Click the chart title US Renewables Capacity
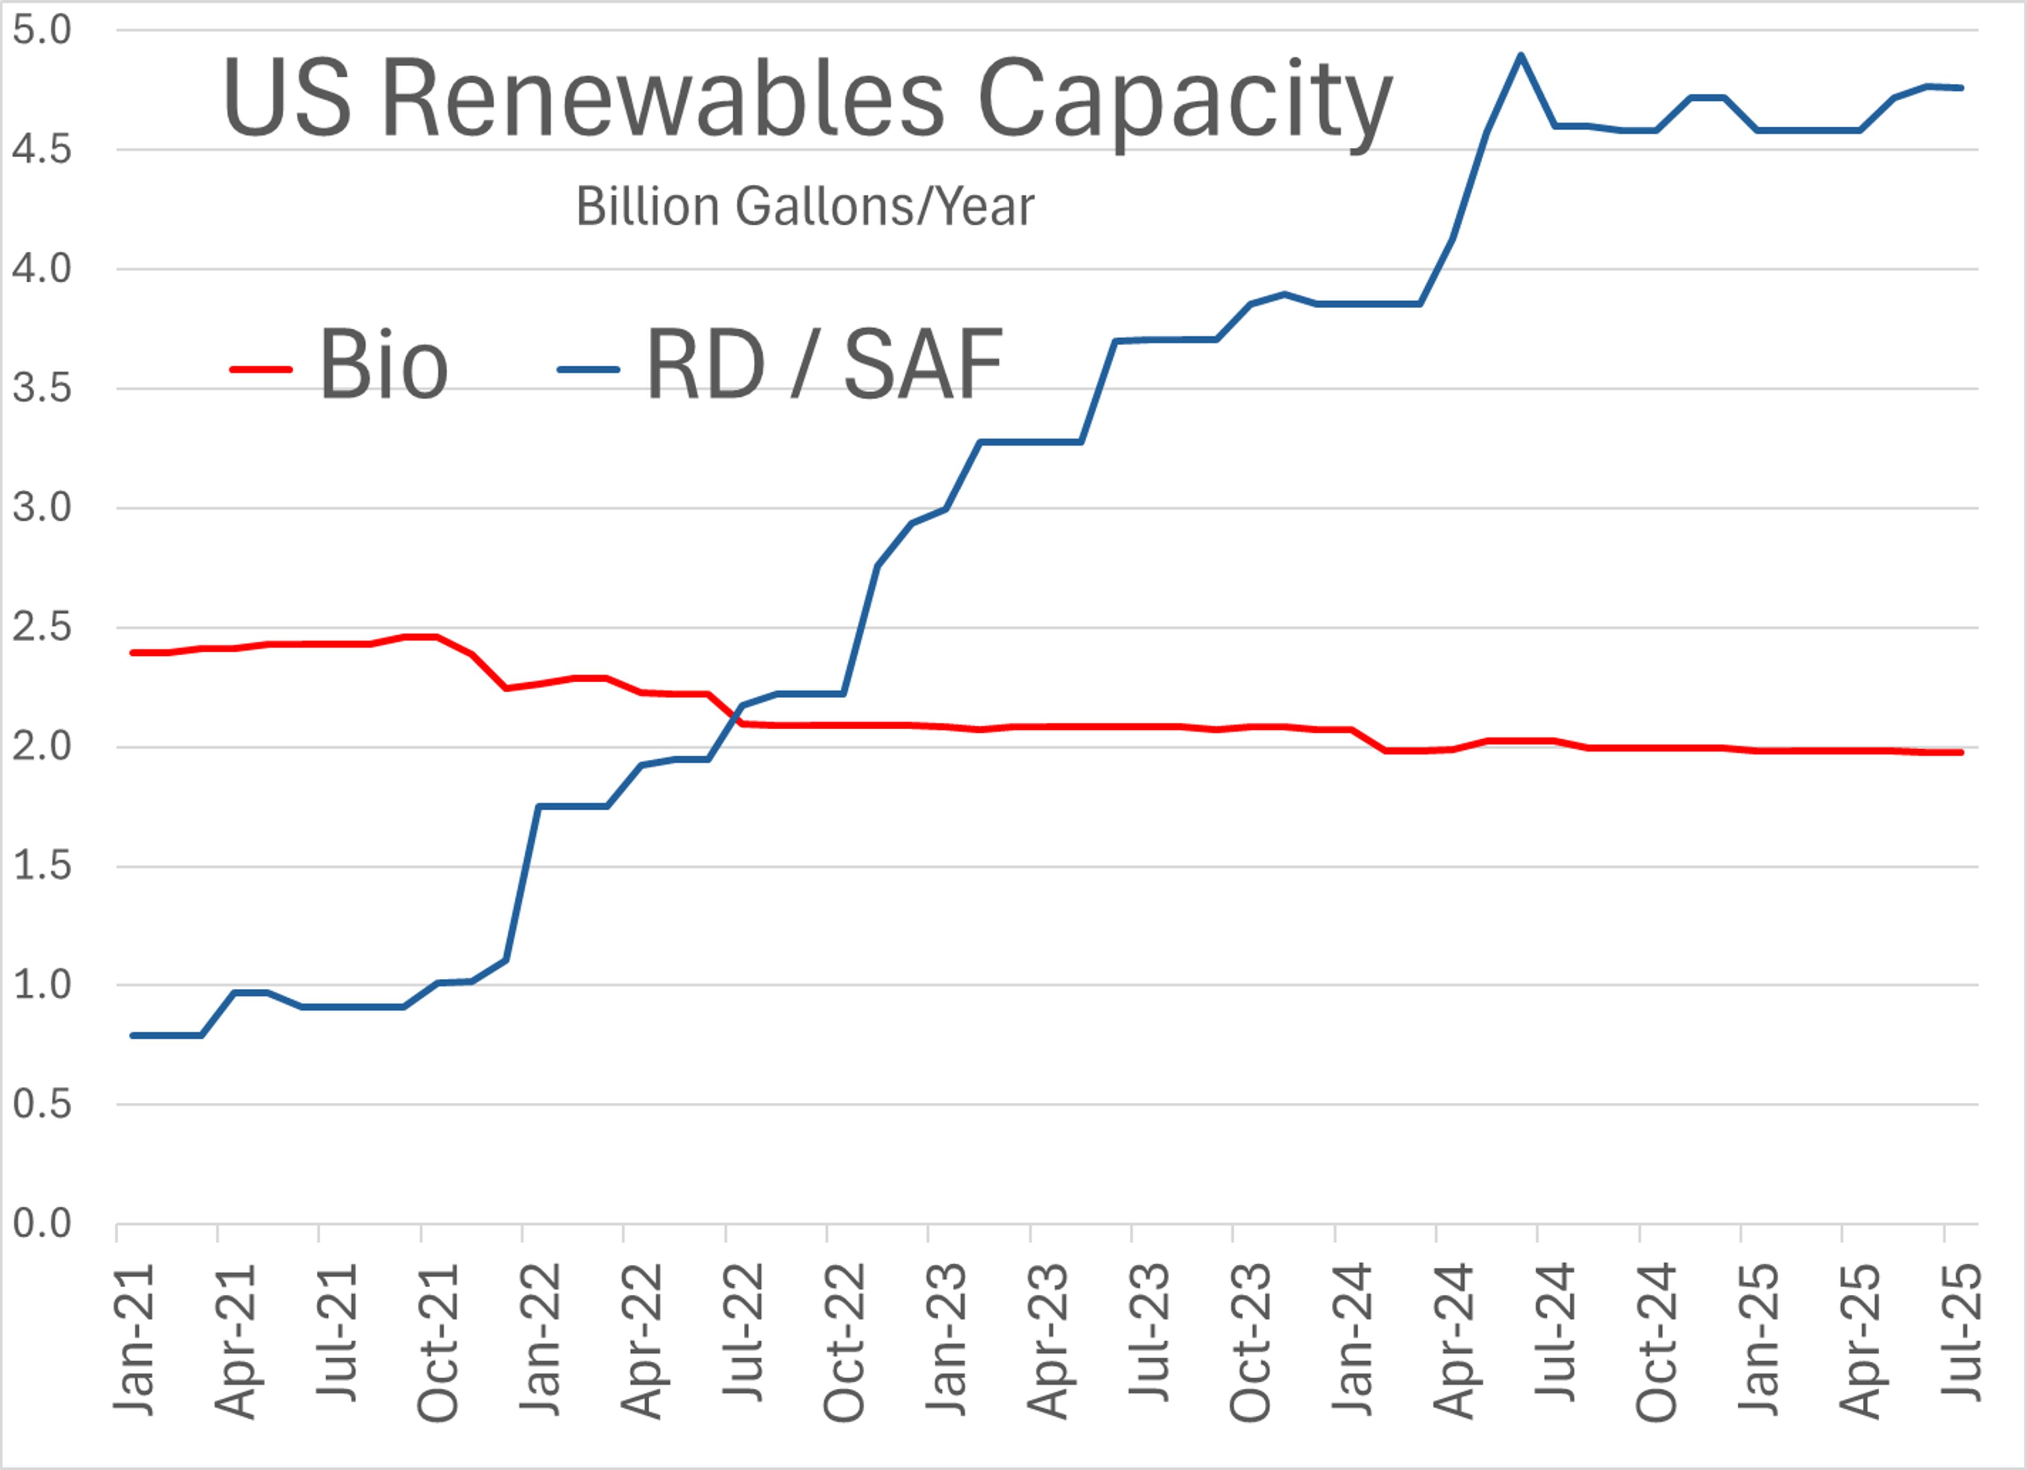coord(807,98)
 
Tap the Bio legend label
coord(383,365)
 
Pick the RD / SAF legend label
coord(824,365)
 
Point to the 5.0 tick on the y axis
coord(41,31)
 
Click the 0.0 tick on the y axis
coord(41,1224)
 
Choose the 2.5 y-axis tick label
coord(41,627)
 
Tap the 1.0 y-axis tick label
coord(41,985)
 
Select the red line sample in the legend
coord(261,369)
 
